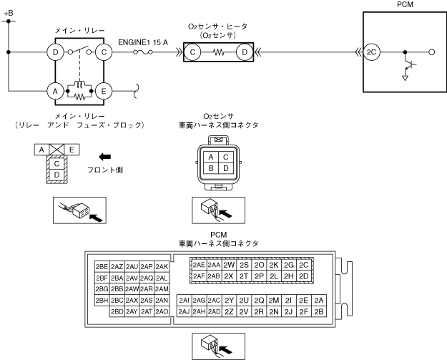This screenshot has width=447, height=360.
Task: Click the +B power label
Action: pos(8,13)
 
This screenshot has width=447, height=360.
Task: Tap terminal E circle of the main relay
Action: pos(104,91)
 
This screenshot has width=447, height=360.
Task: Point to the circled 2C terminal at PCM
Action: pos(370,52)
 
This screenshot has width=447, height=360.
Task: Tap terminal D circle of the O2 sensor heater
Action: pos(245,52)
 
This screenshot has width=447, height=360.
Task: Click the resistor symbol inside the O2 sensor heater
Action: pos(219,52)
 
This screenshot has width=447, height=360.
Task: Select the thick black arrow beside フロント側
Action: pos(105,155)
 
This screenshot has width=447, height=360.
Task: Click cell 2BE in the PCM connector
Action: pos(102,266)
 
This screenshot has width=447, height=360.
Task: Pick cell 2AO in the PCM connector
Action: pos(162,311)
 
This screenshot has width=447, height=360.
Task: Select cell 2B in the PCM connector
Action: pos(319,311)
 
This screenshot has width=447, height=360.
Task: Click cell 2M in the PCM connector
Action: pos(274,300)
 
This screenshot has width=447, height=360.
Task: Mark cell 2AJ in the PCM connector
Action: pos(184,311)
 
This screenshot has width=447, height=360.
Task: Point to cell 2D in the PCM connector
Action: pos(304,276)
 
